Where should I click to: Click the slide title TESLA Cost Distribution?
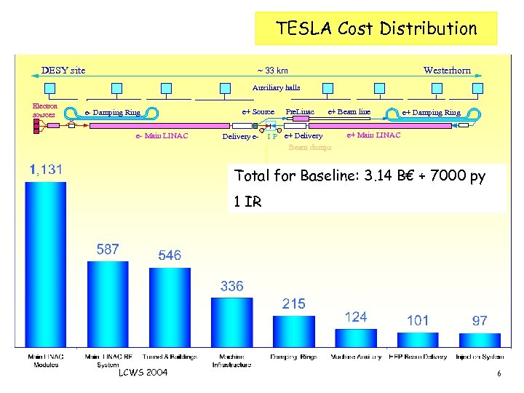click(x=376, y=29)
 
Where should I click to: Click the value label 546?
click(x=170, y=256)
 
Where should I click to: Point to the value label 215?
click(x=293, y=303)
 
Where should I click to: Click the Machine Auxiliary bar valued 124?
click(x=355, y=338)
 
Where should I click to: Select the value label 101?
click(x=418, y=320)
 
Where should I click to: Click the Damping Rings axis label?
click(x=293, y=357)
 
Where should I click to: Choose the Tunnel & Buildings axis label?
click(x=170, y=357)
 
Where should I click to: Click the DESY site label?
click(x=63, y=71)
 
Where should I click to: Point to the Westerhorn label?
click(x=447, y=71)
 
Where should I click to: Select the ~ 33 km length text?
click(x=272, y=71)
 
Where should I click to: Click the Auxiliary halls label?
click(x=276, y=87)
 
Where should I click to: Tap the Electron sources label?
click(x=44, y=110)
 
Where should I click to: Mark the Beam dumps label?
click(x=309, y=147)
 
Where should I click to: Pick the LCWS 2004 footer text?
click(x=143, y=373)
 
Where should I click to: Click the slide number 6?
click(x=499, y=373)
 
